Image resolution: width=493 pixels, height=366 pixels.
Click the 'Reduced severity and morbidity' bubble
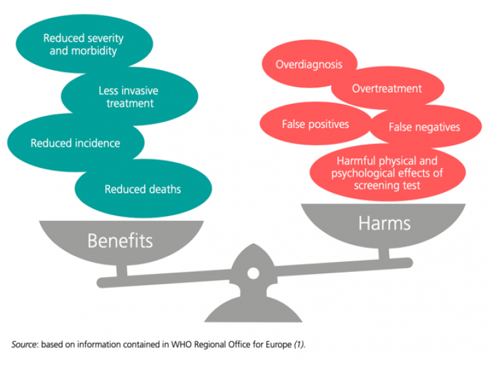point(83,44)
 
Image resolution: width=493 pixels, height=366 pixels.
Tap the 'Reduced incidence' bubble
point(75,143)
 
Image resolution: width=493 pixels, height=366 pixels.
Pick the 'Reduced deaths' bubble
point(143,189)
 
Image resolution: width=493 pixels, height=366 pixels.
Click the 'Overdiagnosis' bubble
point(309,65)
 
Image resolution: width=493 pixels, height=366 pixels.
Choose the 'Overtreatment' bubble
point(387,89)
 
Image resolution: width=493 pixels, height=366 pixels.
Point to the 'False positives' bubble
point(315,124)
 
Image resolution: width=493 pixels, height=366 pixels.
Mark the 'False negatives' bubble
point(424,127)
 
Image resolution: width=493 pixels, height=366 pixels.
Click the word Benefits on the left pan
point(120,240)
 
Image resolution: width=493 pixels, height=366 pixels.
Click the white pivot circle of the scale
point(253,273)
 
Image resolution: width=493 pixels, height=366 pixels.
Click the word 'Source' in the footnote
point(25,344)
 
